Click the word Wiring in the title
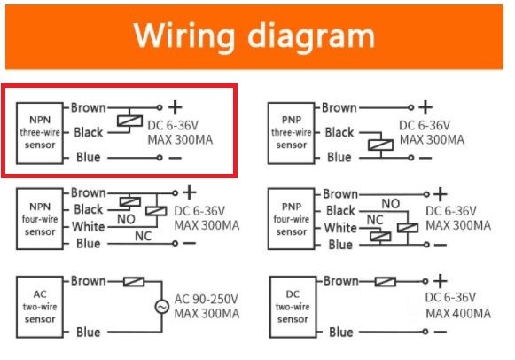[x=184, y=36]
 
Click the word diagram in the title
[x=311, y=35]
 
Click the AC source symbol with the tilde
[x=162, y=307]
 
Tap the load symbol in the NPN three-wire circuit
[x=129, y=121]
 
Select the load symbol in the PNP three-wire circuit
[x=380, y=145]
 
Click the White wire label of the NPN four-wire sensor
[x=89, y=227]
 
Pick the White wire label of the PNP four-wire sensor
[x=340, y=228]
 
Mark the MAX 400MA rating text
[x=458, y=313]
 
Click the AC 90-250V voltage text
[x=206, y=299]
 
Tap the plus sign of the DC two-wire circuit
[x=441, y=281]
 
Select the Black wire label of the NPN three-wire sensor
[x=89, y=132]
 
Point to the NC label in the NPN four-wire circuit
[x=143, y=236]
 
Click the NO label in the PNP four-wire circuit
[x=391, y=204]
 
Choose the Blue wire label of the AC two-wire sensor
[x=89, y=333]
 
